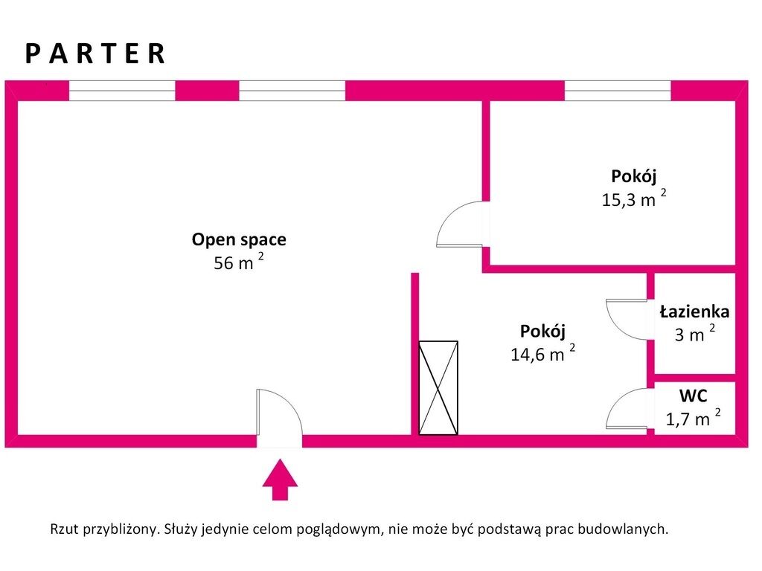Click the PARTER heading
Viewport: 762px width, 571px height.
[x=95, y=54]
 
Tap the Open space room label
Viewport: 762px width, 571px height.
[x=239, y=239]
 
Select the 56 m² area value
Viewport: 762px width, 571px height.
[x=238, y=262]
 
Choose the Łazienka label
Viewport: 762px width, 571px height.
[x=694, y=312]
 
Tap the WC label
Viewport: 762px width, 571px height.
[x=693, y=396]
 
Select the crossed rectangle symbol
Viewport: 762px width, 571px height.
[x=438, y=387]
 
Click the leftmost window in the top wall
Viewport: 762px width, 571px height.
[x=122, y=91]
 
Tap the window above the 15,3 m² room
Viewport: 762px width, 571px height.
[x=618, y=91]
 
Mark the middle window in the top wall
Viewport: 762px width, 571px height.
[x=292, y=91]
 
